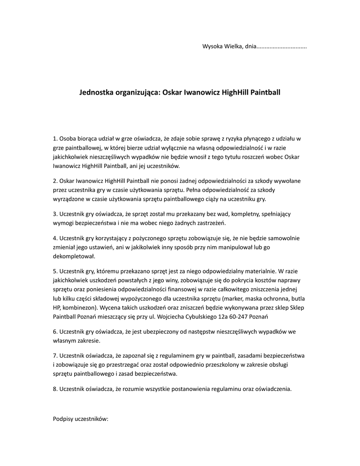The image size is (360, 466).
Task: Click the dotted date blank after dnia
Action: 282,46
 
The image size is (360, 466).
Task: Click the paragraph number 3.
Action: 55,214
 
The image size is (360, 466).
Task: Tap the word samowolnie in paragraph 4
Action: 285,238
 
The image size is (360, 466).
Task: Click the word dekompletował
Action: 73,256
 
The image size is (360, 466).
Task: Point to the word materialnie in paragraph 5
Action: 254,271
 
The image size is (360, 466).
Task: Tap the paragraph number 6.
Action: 55,332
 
